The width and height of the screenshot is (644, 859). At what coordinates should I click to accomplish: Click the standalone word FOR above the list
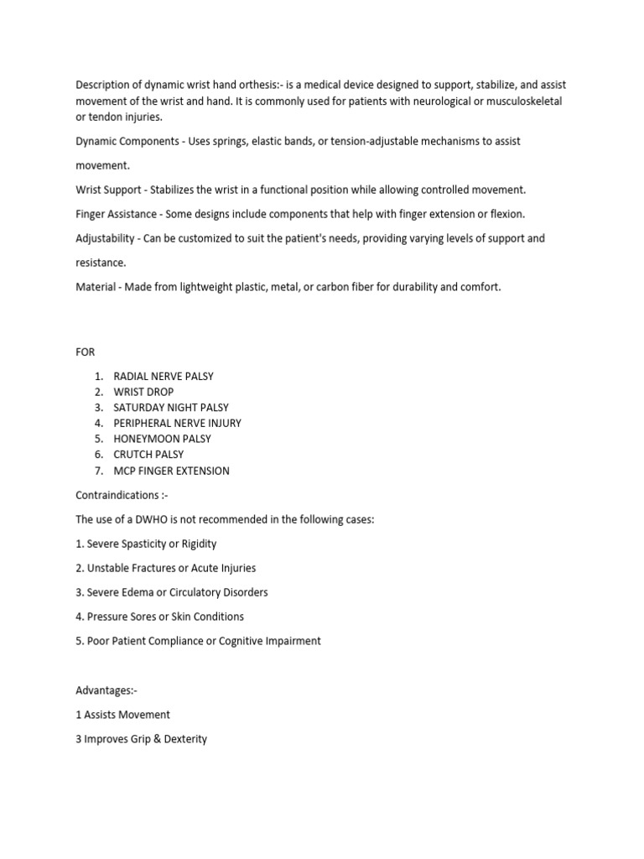[x=86, y=352]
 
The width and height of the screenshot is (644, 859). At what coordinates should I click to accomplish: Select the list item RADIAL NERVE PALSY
[x=164, y=377]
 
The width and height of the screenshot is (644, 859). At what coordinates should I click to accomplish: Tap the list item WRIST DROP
[x=145, y=392]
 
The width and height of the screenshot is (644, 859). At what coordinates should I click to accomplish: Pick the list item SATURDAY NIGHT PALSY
[x=171, y=408]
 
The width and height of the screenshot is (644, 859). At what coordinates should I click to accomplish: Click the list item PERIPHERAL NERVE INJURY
[x=177, y=423]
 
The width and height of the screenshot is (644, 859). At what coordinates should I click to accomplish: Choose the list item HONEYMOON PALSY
[x=162, y=439]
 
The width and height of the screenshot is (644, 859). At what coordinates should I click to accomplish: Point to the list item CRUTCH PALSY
[x=148, y=455]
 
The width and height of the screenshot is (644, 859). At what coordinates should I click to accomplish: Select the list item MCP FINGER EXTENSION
[x=171, y=471]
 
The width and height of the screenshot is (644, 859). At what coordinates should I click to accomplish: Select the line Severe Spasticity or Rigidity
[x=146, y=544]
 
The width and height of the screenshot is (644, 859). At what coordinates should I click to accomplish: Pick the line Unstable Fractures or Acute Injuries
[x=165, y=568]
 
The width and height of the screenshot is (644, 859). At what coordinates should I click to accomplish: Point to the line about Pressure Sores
[x=159, y=617]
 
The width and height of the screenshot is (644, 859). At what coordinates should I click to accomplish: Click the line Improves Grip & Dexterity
[x=142, y=739]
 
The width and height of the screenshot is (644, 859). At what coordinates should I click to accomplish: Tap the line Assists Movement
[x=122, y=715]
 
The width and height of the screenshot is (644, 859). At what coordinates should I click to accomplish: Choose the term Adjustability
[x=106, y=238]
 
